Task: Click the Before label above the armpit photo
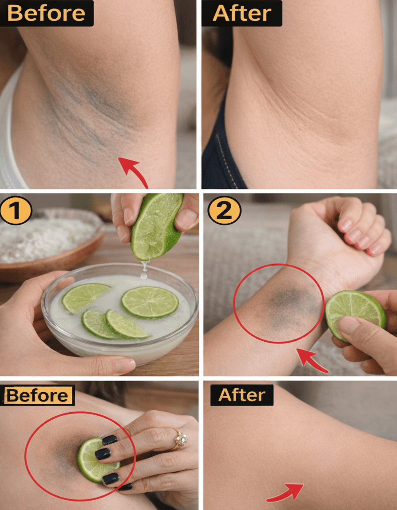[x=47, y=13]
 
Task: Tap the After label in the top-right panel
[x=242, y=13]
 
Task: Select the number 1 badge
[x=16, y=211]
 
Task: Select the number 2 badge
[x=224, y=211]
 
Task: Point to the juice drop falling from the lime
[x=144, y=270]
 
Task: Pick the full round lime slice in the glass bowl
[x=150, y=303]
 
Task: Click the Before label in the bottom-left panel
[x=38, y=395]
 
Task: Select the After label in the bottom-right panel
[x=242, y=395]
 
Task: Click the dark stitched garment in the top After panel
[x=221, y=147]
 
